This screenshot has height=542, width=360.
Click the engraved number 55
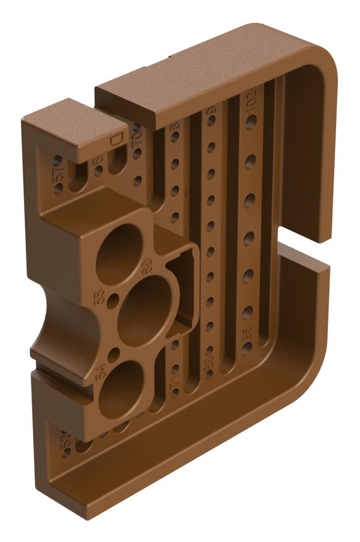click(x=99, y=296)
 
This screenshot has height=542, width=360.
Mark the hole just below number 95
click(x=246, y=349)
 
